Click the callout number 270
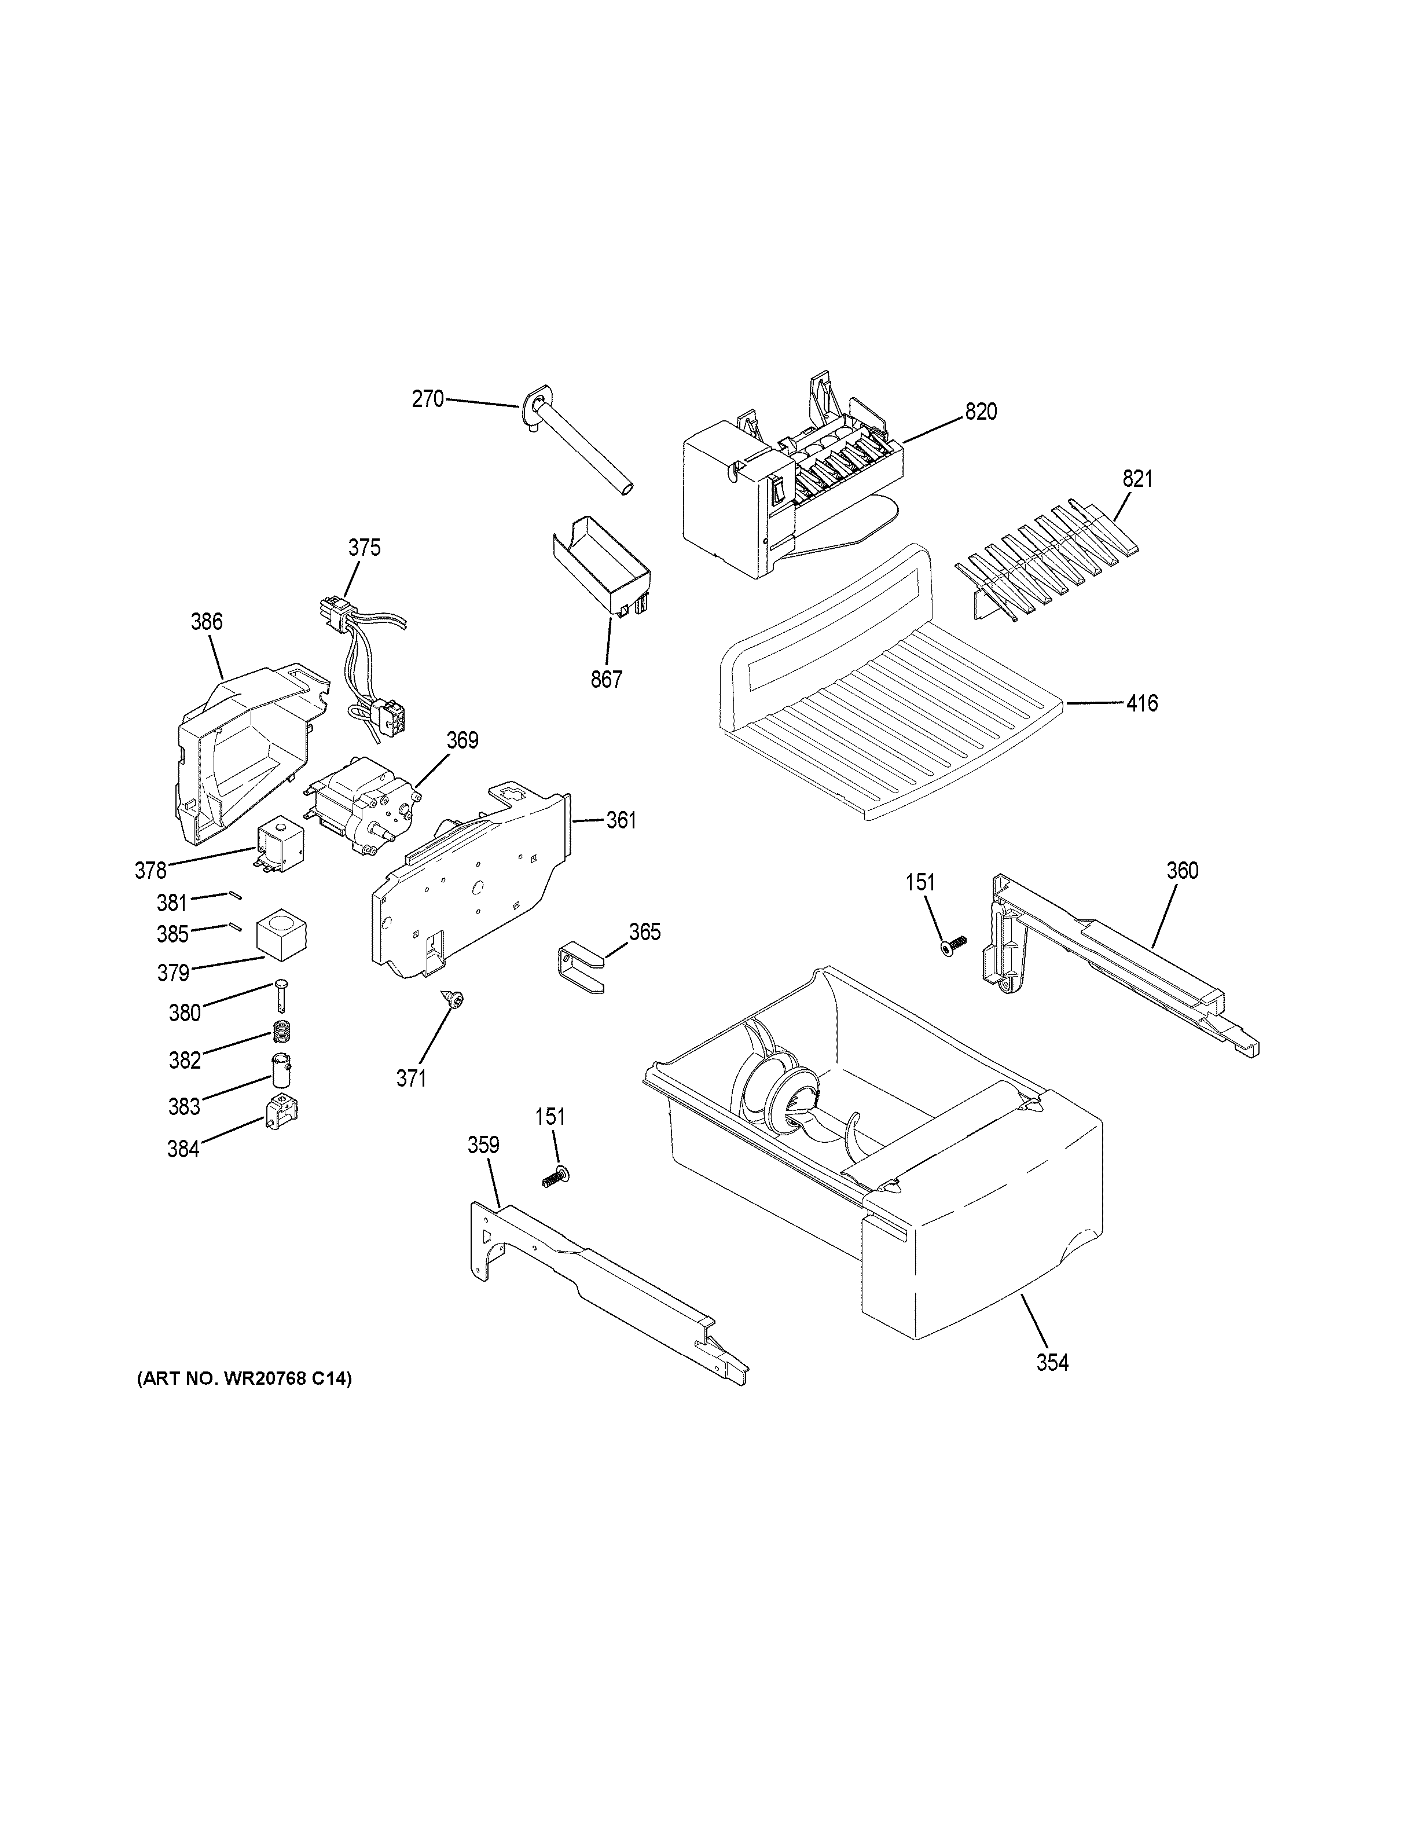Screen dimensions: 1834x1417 coord(427,399)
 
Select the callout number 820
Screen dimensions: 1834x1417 coord(981,412)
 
